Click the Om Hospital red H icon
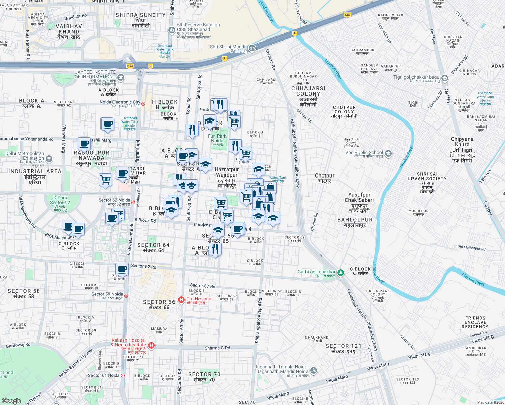(181, 299)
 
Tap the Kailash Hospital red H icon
(151, 345)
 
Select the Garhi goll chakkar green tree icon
(341, 272)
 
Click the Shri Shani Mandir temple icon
(252, 48)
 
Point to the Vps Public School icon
(388, 154)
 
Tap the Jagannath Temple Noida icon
(314, 370)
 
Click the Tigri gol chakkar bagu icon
(445, 78)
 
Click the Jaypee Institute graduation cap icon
(121, 78)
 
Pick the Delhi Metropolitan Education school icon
(49, 159)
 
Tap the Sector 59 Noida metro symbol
(126, 296)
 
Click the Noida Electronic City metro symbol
(143, 104)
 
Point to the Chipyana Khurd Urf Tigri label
(462, 150)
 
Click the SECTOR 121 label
(343, 348)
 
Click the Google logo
(11, 401)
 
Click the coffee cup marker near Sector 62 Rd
(122, 270)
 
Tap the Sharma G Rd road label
(217, 348)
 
